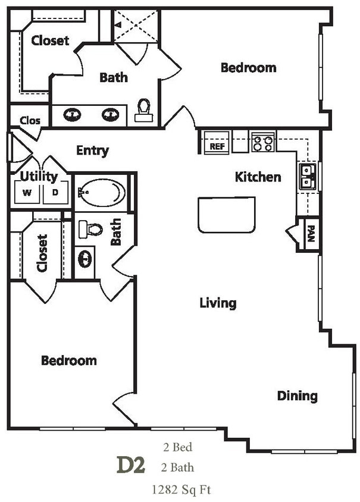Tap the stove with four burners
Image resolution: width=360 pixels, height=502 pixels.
(x=262, y=143)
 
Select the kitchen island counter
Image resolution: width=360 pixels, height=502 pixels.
(x=226, y=215)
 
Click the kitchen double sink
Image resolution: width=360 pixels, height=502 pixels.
(x=307, y=175)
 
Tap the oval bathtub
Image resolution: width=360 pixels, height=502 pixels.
(x=102, y=192)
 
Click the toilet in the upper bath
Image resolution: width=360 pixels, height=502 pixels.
(x=143, y=110)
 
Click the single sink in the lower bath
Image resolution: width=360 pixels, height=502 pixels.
(x=85, y=259)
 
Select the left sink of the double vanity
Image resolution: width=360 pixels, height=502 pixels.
(x=72, y=114)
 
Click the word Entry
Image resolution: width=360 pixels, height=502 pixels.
(x=92, y=150)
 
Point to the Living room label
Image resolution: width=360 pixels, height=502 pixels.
(x=218, y=303)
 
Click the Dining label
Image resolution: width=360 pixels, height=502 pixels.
(x=297, y=396)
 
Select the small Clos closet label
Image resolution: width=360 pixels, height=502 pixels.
(x=30, y=121)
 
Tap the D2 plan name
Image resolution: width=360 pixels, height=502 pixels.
(x=131, y=465)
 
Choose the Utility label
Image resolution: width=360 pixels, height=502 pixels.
(x=39, y=176)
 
